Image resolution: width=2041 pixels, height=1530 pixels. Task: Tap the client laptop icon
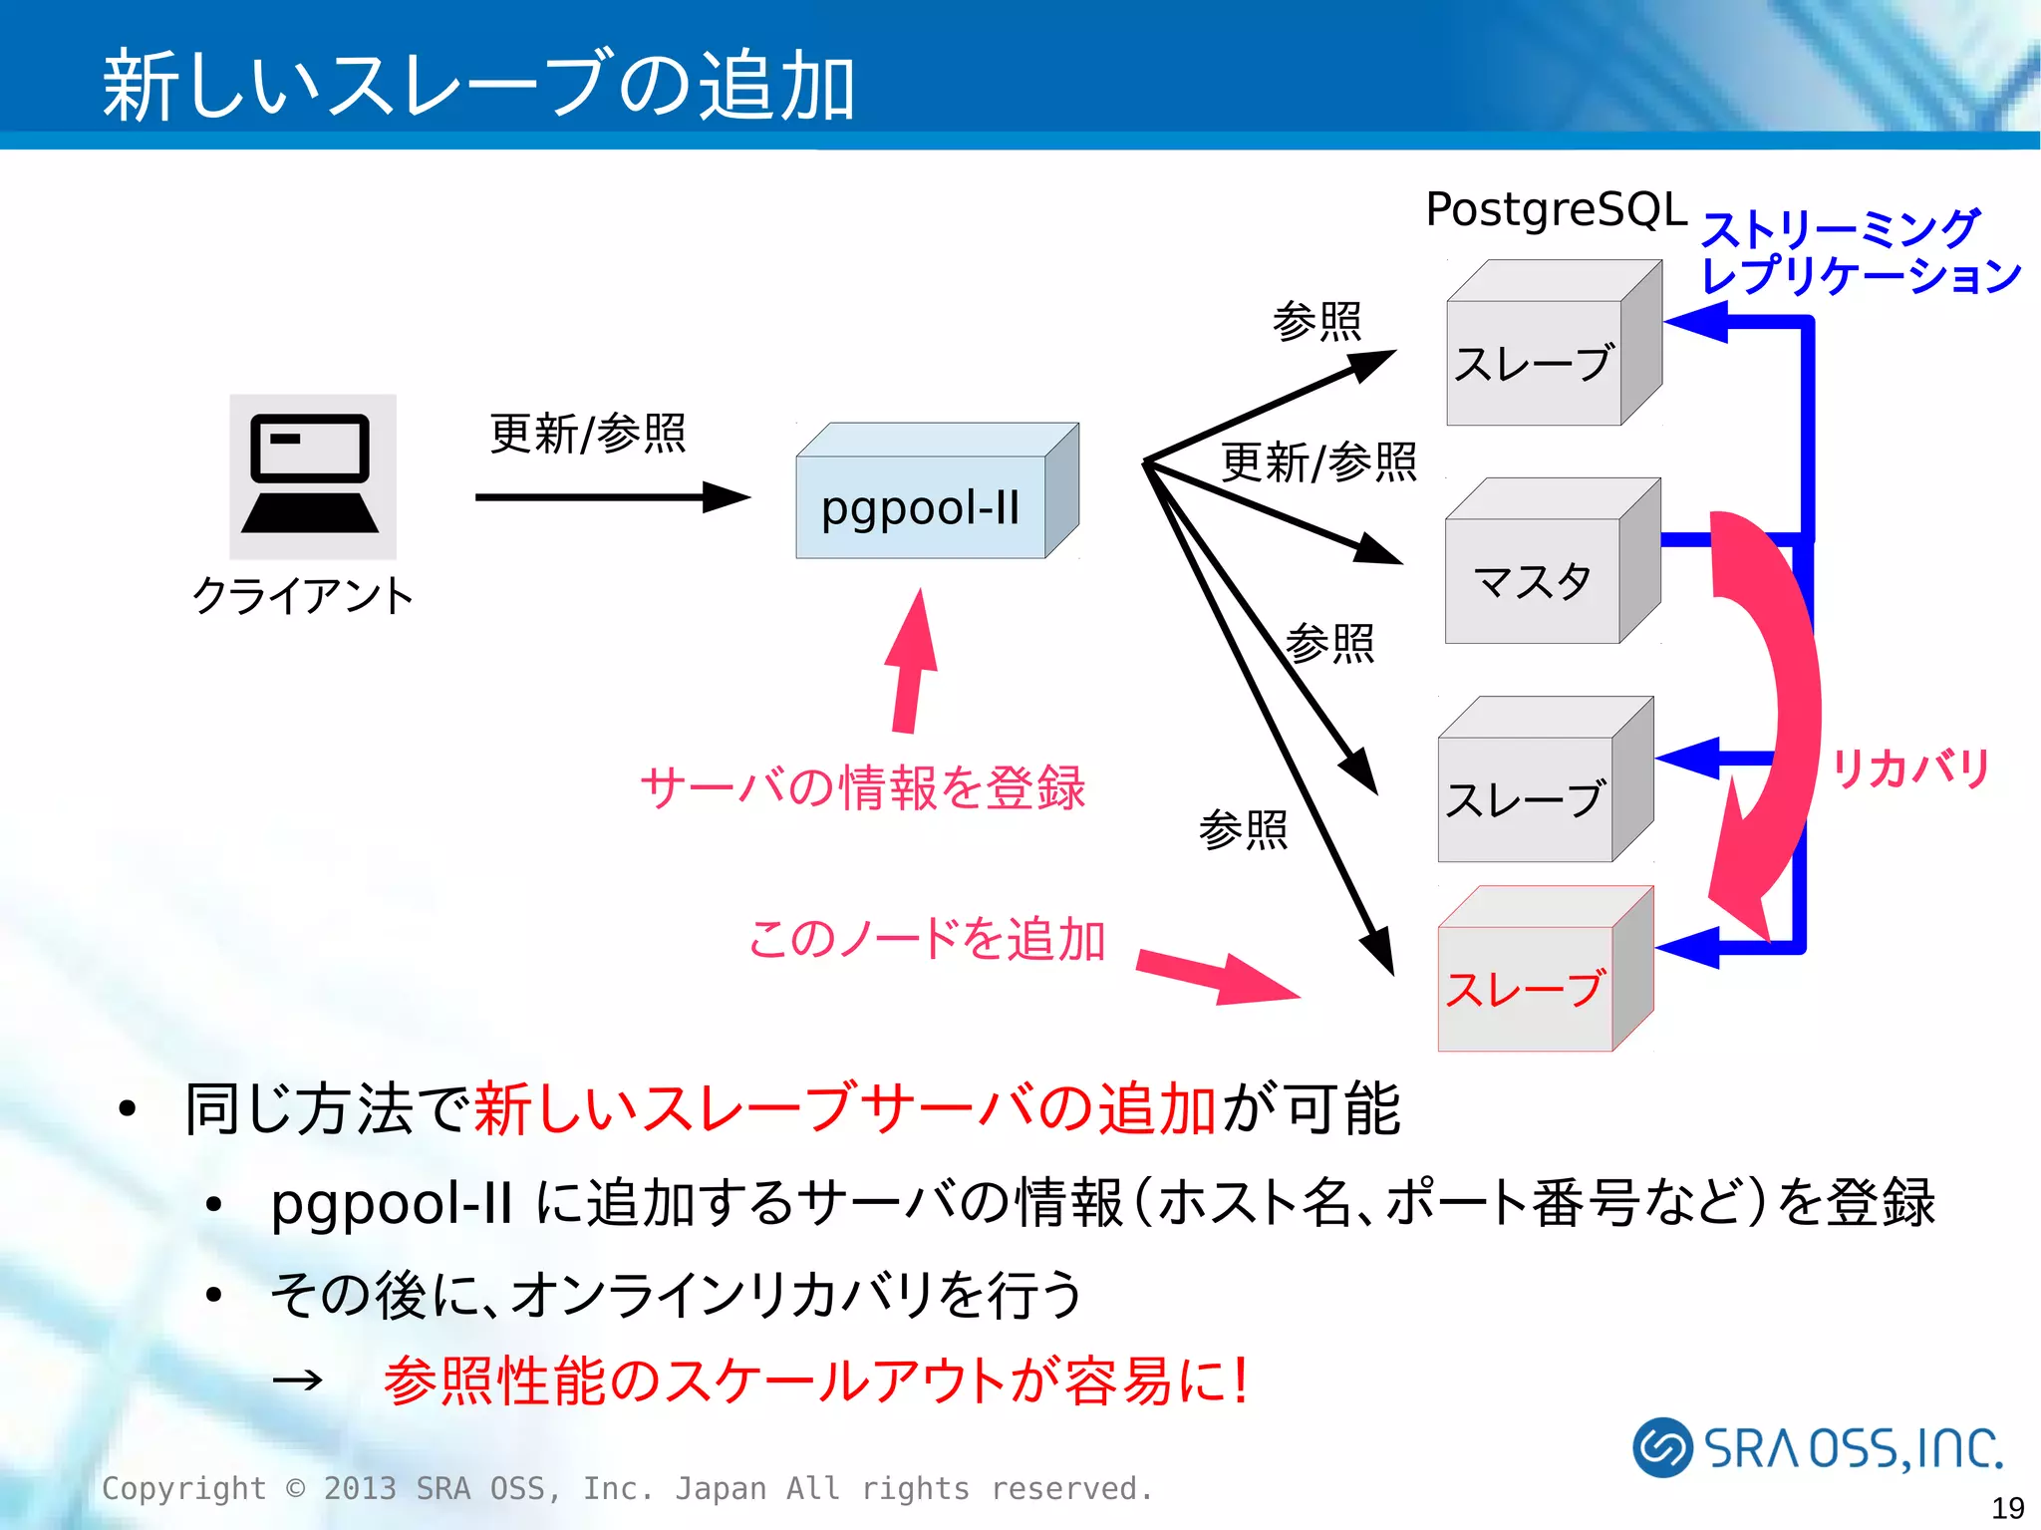pyautogui.click(x=312, y=476)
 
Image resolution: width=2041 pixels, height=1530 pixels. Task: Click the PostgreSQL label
pyautogui.click(x=1556, y=209)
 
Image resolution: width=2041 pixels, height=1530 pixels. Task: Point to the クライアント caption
pyautogui.click(x=303, y=596)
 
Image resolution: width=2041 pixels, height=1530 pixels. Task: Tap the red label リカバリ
pyautogui.click(x=1909, y=768)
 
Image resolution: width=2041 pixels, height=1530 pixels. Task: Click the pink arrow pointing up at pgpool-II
pyautogui.click(x=912, y=663)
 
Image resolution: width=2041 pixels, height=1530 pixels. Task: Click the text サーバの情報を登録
pyautogui.click(x=862, y=787)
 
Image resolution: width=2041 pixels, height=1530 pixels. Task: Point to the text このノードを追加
pyautogui.click(x=927, y=939)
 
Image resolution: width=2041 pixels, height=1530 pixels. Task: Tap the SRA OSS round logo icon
pyautogui.click(x=1661, y=1447)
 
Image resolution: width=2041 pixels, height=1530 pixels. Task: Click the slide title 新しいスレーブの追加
pyautogui.click(x=478, y=86)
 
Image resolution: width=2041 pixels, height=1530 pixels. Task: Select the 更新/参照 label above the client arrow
pyautogui.click(x=588, y=434)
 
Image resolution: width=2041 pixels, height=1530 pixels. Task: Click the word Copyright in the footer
pyautogui.click(x=184, y=1488)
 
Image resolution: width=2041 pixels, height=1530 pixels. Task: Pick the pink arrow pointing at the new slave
pyautogui.click(x=1216, y=977)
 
